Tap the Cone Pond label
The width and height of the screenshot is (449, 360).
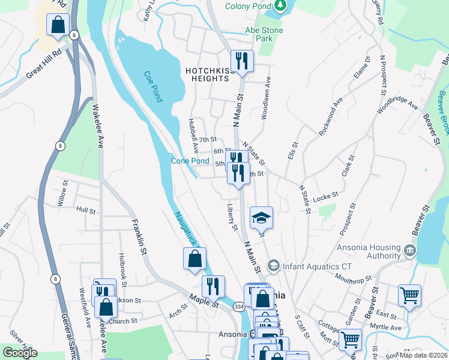(x=190, y=161)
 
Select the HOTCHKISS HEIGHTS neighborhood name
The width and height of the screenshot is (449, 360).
(x=210, y=75)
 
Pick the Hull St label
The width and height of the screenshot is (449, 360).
(x=86, y=211)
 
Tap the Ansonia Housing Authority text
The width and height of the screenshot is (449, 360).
(x=376, y=251)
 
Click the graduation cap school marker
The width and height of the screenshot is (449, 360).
(x=261, y=217)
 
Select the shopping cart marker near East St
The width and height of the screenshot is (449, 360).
(x=409, y=295)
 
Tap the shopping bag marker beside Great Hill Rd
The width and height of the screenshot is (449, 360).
(x=58, y=25)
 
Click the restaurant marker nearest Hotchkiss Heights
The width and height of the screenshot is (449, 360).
(x=242, y=61)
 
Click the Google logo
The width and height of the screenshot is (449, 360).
(x=20, y=352)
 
